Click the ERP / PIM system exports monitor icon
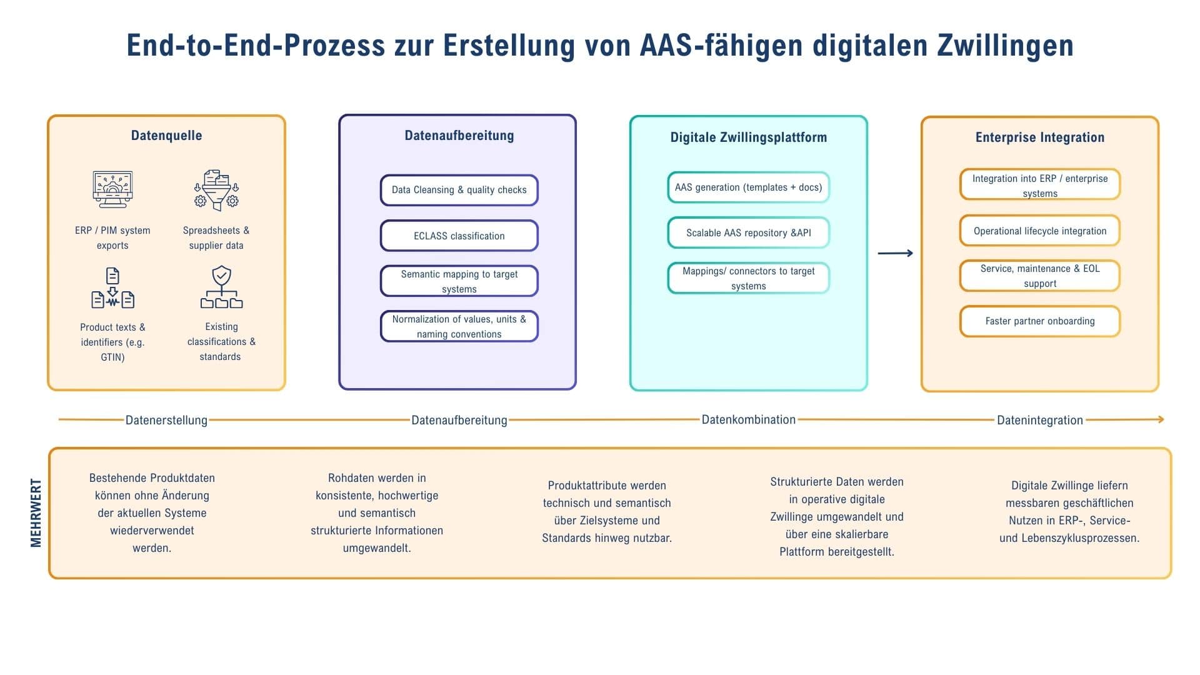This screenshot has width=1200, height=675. click(112, 189)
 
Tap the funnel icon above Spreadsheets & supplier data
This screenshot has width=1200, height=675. click(216, 189)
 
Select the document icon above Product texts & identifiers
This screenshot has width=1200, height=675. click(112, 288)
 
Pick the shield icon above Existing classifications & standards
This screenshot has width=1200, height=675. click(221, 287)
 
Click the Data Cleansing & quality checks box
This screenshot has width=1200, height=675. click(459, 190)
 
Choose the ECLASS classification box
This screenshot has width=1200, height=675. click(459, 236)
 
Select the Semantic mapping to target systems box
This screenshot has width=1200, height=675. click(459, 281)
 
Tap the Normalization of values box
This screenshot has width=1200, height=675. click(459, 326)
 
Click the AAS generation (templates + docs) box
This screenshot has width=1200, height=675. click(748, 187)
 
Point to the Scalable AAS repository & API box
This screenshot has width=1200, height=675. click(748, 232)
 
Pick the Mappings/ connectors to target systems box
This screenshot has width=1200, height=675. click(748, 278)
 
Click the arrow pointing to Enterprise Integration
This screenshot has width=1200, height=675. click(895, 253)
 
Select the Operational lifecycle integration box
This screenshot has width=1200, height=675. click(1039, 231)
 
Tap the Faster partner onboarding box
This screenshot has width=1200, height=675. click(1039, 321)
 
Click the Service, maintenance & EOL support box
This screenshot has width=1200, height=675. click(1039, 276)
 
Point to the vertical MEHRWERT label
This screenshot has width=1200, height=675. click(36, 513)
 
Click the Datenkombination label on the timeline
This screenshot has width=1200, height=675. click(748, 419)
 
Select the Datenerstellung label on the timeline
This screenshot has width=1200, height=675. click(166, 420)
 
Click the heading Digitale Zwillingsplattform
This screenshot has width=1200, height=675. click(748, 137)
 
